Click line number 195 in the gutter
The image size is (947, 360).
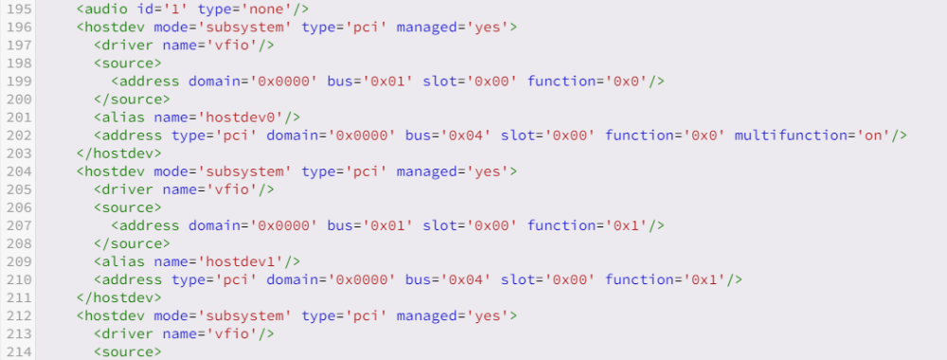coord(19,9)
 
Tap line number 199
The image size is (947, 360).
coord(19,81)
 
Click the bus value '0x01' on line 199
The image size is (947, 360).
coord(387,81)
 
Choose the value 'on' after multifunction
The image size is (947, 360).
coord(873,135)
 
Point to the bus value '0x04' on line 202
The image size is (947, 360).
coord(466,135)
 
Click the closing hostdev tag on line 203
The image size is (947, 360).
coord(119,153)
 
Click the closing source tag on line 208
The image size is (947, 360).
coord(133,243)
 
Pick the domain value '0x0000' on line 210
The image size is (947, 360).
coord(361,279)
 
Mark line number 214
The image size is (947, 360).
coord(19,351)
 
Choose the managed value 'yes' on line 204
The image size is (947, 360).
coord(488,171)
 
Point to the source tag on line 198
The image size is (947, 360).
coord(128,63)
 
